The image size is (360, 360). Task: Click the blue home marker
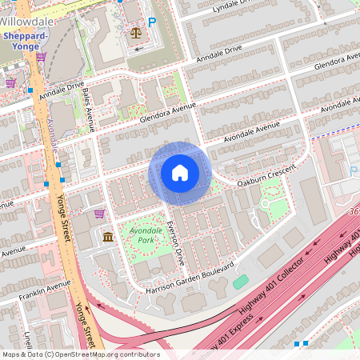click(x=180, y=173)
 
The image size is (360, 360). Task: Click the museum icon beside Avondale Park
click(x=108, y=236)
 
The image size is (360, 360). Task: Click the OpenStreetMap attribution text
click(x=80, y=354)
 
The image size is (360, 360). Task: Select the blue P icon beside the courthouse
click(x=151, y=22)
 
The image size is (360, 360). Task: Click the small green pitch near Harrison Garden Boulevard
click(x=240, y=282)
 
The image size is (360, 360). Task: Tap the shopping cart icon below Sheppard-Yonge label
click(x=41, y=57)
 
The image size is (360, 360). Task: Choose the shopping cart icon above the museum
click(x=99, y=214)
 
